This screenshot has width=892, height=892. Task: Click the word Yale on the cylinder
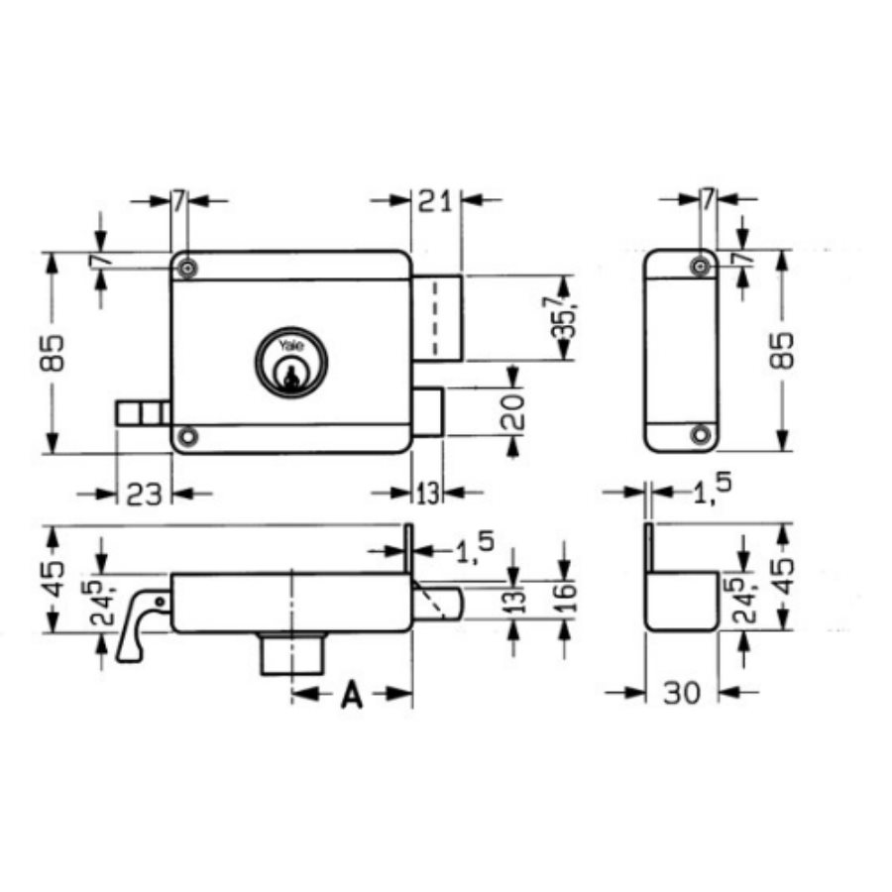[290, 346]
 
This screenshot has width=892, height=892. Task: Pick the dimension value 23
[144, 493]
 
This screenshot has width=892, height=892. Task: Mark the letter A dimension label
[351, 696]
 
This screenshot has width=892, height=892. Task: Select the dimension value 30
[682, 693]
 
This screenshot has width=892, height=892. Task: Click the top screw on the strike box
[702, 264]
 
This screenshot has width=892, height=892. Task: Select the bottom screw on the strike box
[702, 433]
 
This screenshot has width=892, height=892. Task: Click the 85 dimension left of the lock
[56, 352]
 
